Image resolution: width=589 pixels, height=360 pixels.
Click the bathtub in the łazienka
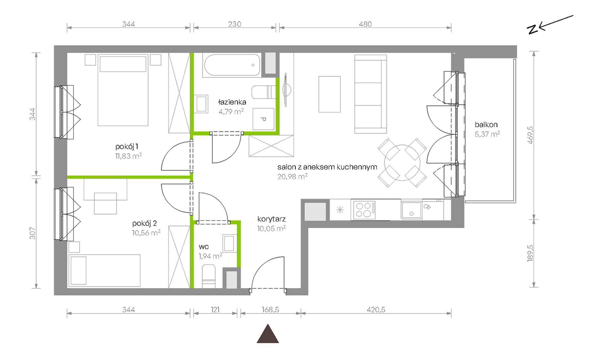click(232, 65)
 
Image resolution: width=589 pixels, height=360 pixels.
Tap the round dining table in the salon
click(402, 163)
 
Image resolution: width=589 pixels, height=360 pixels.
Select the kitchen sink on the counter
click(411, 210)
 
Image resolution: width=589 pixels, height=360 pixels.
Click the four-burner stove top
click(364, 210)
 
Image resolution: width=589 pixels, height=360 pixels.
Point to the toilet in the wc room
click(209, 276)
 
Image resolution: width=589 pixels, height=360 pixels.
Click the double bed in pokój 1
click(123, 90)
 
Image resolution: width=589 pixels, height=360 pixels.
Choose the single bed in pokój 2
click(104, 270)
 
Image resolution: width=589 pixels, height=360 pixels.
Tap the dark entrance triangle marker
click(268, 334)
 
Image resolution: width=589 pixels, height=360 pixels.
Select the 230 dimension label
click(235, 24)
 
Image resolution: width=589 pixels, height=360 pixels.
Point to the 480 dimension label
click(365, 24)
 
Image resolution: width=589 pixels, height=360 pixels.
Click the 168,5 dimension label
click(270, 309)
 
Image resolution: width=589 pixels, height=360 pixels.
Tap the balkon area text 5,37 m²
click(487, 134)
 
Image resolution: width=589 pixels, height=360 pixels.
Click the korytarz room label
click(271, 219)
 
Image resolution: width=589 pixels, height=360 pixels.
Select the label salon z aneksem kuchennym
click(327, 167)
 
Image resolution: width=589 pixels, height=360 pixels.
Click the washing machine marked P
click(263, 119)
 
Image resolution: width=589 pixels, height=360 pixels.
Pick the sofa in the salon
click(370, 94)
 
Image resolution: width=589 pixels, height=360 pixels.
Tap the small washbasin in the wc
click(229, 243)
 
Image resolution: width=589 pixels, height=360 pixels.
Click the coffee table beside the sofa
click(330, 94)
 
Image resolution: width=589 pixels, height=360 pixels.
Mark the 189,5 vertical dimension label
click(530, 253)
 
